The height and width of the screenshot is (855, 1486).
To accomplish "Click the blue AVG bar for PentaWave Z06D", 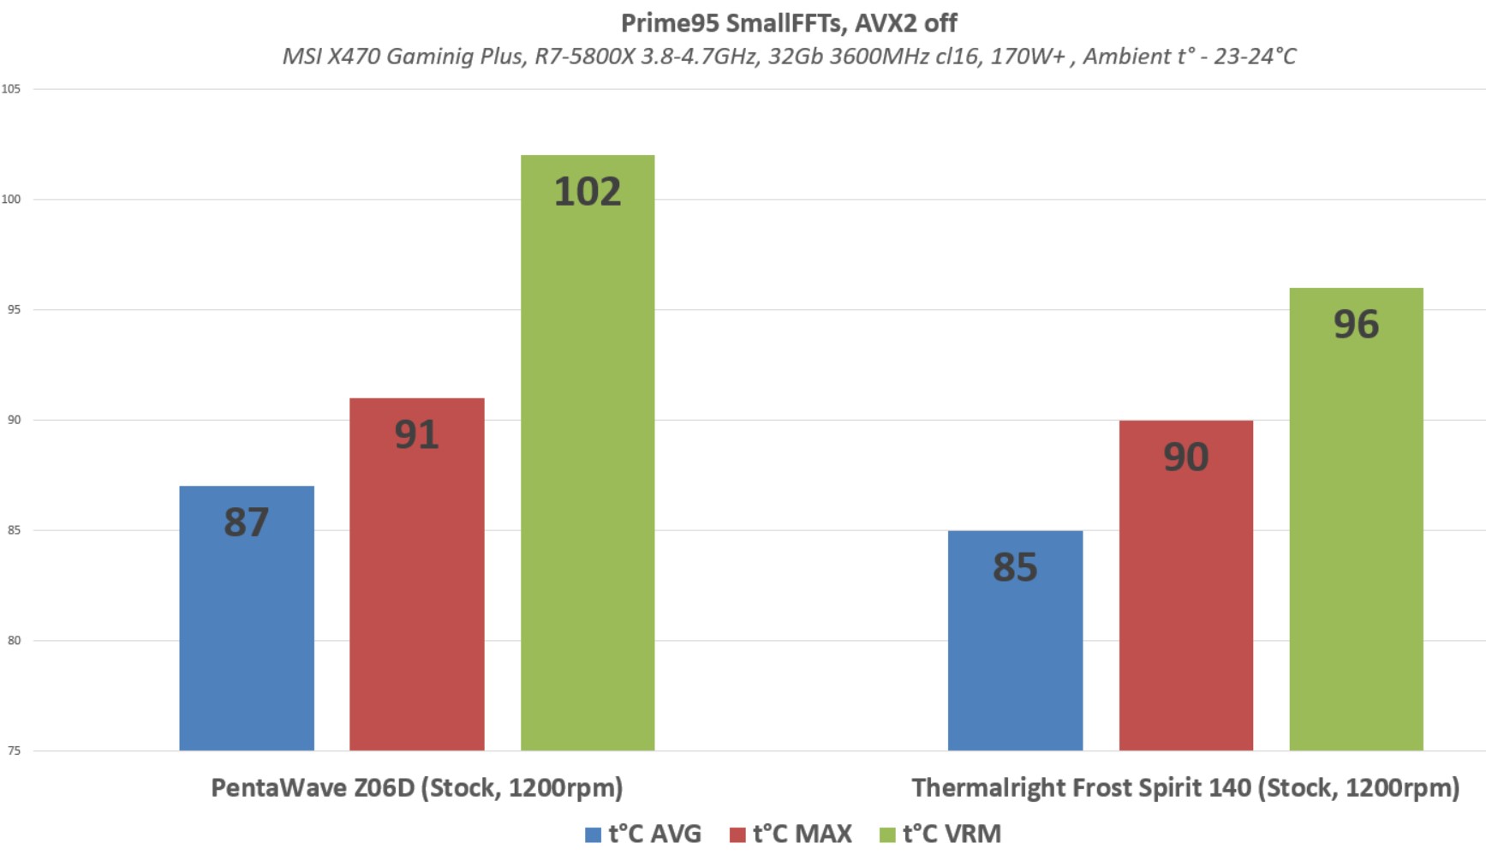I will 246,634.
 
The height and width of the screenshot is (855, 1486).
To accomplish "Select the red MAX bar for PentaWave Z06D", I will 416,591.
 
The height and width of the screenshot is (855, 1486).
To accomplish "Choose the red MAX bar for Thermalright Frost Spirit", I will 1185,600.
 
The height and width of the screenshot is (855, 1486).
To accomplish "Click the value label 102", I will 588,191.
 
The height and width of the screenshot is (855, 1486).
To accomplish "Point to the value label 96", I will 1356,324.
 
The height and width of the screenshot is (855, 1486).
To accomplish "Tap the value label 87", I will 246,522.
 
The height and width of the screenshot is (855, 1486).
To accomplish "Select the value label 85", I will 1015,567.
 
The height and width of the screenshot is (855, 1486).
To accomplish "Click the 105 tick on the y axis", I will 11,89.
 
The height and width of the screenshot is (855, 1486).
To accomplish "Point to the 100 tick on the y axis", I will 11,200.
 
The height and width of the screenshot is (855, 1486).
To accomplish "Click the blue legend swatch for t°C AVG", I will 593,834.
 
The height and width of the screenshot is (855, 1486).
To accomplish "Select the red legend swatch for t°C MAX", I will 737,834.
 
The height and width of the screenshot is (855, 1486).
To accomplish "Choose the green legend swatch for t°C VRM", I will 887,834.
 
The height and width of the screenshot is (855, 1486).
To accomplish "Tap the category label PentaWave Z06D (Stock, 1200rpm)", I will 416,787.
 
